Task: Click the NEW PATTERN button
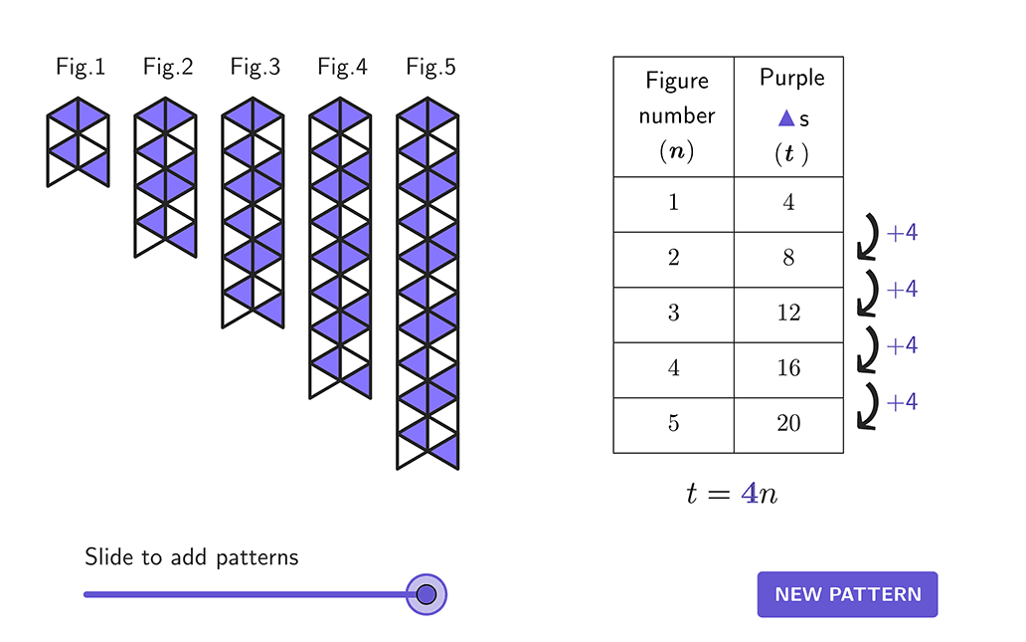tap(847, 594)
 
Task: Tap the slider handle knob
tap(427, 594)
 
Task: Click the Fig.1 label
tap(81, 68)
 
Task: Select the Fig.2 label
tap(168, 68)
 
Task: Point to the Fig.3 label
tap(256, 68)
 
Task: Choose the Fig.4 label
tap(343, 68)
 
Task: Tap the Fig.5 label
tap(430, 68)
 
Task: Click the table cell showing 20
tap(788, 424)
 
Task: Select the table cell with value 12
tap(788, 314)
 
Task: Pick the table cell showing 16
tap(788, 368)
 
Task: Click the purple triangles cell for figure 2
tap(788, 259)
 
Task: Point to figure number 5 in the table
tap(674, 424)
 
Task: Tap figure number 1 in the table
tap(674, 203)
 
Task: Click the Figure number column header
tap(676, 115)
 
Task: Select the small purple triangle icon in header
tap(785, 118)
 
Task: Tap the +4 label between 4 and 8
tap(902, 234)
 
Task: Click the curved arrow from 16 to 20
tap(867, 405)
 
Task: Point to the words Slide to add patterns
tap(192, 556)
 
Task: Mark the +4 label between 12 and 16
tap(902, 345)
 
